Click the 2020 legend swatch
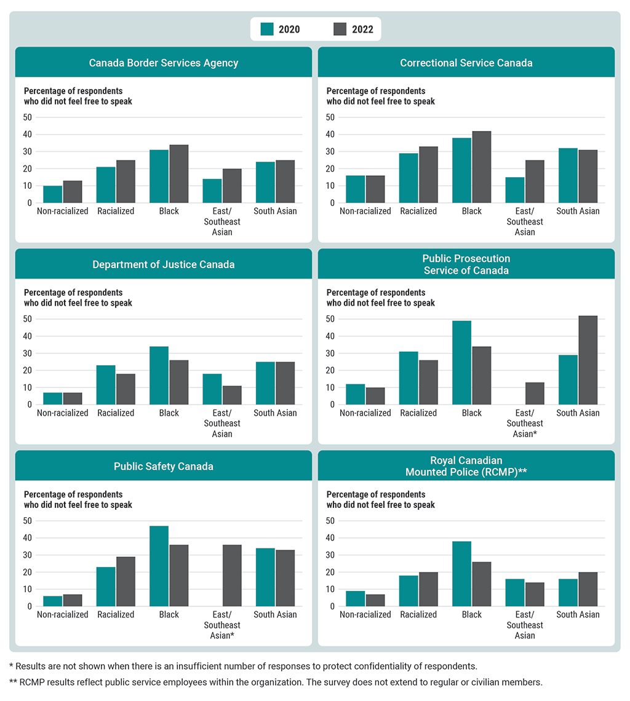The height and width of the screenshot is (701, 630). (268, 29)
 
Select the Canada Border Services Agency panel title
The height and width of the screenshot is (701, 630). (164, 63)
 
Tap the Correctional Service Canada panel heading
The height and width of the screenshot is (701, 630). (466, 63)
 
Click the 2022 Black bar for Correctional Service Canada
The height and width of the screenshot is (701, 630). (482, 167)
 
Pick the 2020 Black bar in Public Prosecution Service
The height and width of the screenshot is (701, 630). (461, 363)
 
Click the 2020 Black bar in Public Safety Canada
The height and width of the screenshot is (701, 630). (159, 566)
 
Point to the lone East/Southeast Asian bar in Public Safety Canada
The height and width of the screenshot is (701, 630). (232, 576)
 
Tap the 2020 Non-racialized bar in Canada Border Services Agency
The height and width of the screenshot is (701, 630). (52, 194)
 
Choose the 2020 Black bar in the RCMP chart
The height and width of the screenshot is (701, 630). (461, 574)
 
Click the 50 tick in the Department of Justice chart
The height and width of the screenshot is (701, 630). (28, 319)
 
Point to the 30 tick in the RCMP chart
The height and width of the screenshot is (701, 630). (331, 555)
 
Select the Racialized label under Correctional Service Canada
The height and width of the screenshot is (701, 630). (418, 211)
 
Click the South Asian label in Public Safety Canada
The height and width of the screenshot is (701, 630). (275, 614)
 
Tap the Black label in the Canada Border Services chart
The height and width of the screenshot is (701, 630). (169, 211)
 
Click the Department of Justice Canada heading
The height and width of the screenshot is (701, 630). (164, 264)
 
